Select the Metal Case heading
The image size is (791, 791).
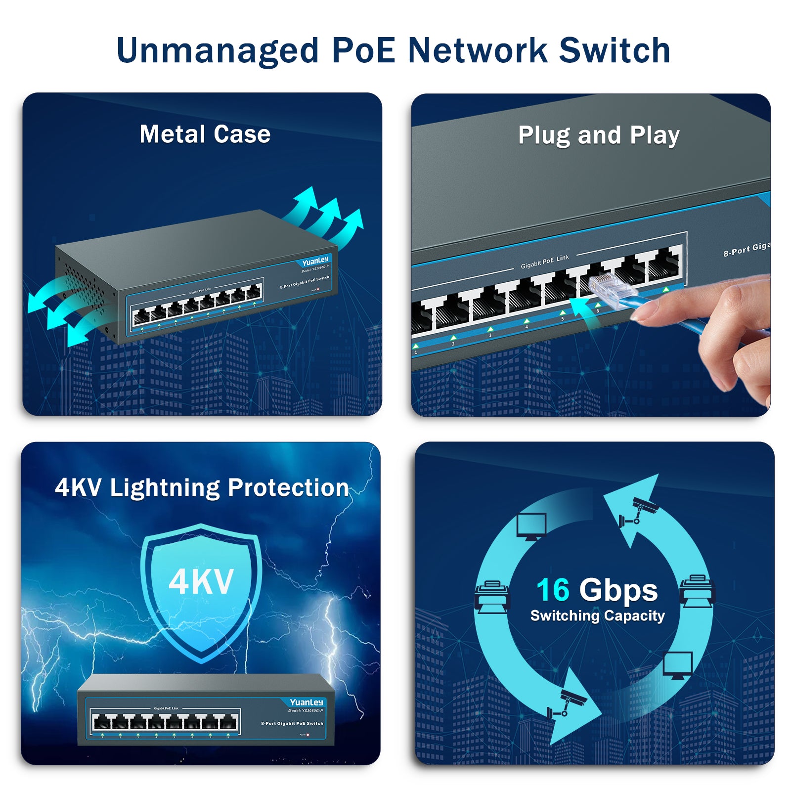205,134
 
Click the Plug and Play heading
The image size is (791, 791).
599,135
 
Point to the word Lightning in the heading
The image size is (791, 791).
165,488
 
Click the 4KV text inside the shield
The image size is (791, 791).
201,582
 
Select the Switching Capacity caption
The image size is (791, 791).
597,616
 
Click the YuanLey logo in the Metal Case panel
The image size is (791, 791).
315,261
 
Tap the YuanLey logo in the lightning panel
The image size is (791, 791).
307,703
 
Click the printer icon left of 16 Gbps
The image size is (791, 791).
491,595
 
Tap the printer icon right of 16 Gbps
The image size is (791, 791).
697,590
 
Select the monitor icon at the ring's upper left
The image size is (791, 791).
531,526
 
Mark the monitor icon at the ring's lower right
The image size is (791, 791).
677,665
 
